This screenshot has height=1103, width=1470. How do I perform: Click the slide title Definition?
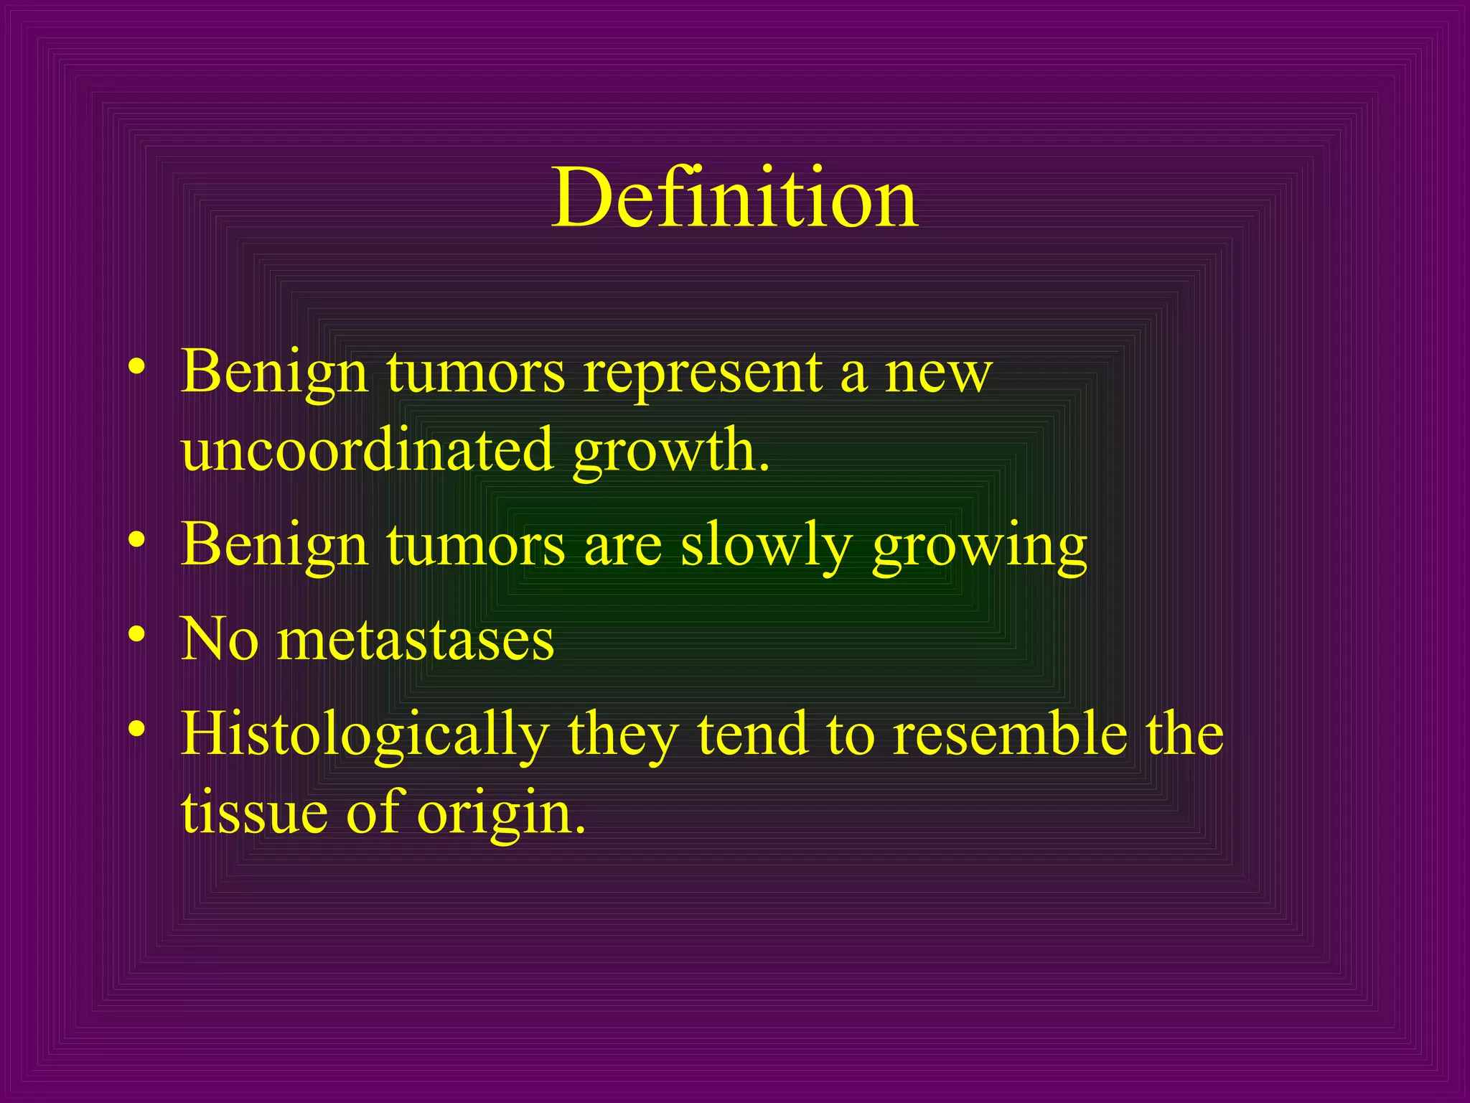coord(734,197)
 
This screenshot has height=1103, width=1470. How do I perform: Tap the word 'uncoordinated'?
coord(367,450)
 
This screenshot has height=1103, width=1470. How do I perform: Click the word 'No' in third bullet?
coord(219,639)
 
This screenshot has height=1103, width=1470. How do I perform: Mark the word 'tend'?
coord(752,734)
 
